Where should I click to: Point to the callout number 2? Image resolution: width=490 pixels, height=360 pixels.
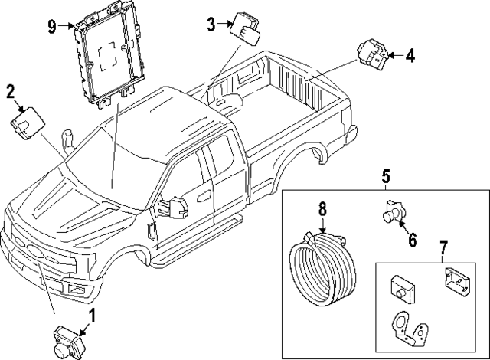pos(11,93)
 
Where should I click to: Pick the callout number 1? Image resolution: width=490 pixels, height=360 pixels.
pos(93,315)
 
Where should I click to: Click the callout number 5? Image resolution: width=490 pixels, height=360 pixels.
pos(385,178)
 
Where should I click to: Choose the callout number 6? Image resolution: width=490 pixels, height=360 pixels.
pos(411,240)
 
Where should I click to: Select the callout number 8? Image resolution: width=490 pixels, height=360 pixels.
pos(322,208)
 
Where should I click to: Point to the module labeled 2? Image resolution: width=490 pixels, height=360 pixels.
pos(28,123)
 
